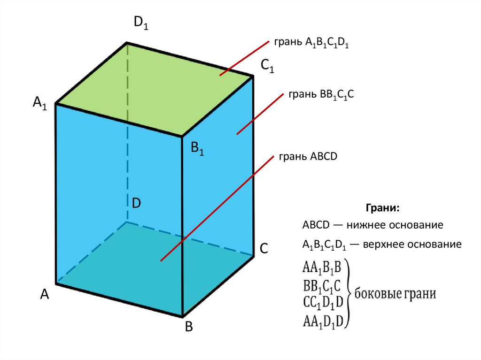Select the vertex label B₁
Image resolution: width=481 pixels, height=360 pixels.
pyautogui.click(x=197, y=149)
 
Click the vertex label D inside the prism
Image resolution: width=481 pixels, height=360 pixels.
pyautogui.click(x=136, y=203)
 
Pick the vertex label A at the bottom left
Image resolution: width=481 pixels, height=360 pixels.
pyautogui.click(x=45, y=294)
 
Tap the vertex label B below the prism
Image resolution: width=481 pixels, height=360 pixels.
pyautogui.click(x=189, y=327)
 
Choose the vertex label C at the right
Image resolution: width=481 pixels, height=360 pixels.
pyautogui.click(x=264, y=249)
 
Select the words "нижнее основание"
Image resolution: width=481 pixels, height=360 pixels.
pyautogui.click(x=395, y=225)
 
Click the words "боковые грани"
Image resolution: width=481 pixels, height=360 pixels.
pyautogui.click(x=395, y=294)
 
